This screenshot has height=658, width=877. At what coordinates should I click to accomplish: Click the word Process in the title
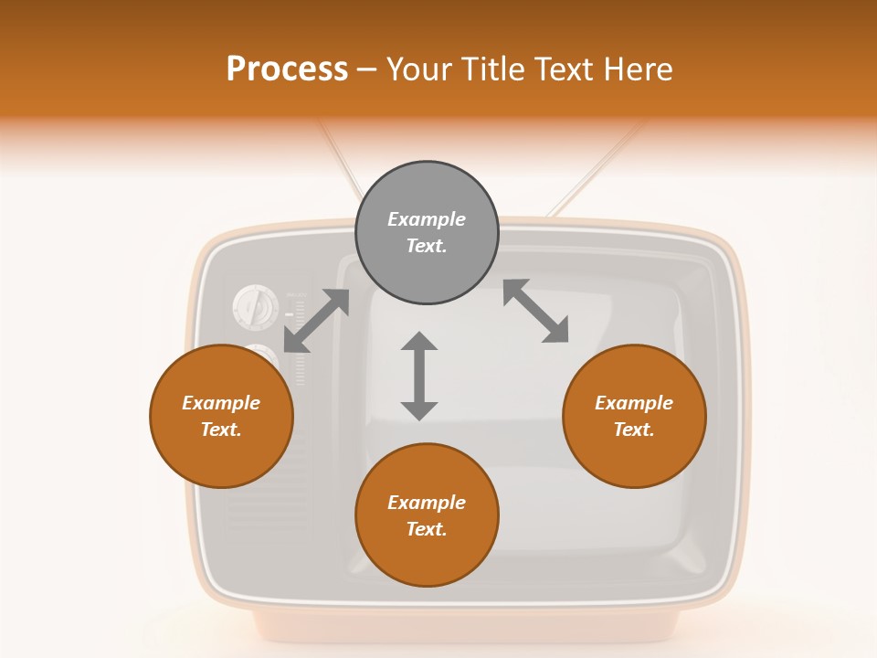(x=287, y=69)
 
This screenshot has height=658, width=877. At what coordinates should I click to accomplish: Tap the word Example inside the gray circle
(x=427, y=219)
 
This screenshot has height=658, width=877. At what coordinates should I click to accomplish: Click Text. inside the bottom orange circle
(x=427, y=529)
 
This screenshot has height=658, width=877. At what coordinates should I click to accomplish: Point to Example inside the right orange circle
(x=634, y=403)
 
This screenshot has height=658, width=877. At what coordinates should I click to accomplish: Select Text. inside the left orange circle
(x=221, y=430)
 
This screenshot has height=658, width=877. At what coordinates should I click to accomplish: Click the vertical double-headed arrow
(x=419, y=377)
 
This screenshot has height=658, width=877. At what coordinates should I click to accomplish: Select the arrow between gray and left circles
(x=316, y=321)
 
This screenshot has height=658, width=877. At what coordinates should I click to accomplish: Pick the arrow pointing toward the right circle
(x=536, y=312)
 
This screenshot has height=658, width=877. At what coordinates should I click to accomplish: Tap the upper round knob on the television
(x=255, y=307)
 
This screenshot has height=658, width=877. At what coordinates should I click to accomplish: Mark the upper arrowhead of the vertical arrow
(x=419, y=341)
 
